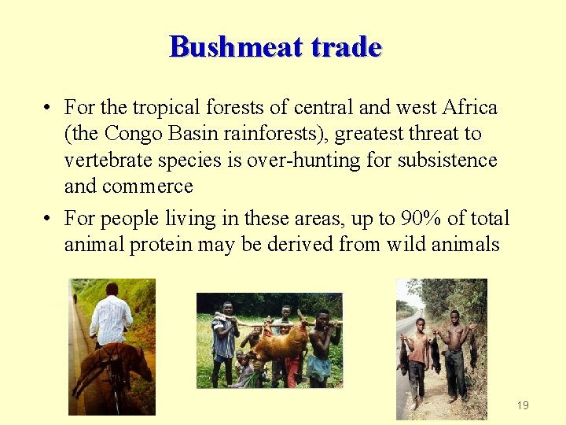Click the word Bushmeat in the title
(236, 47)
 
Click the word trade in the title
(347, 47)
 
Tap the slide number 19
(523, 405)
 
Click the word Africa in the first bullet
(470, 107)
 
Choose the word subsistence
(447, 160)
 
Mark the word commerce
(147, 187)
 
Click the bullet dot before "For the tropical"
(49, 108)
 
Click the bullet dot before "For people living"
(49, 219)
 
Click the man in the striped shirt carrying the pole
(225, 338)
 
